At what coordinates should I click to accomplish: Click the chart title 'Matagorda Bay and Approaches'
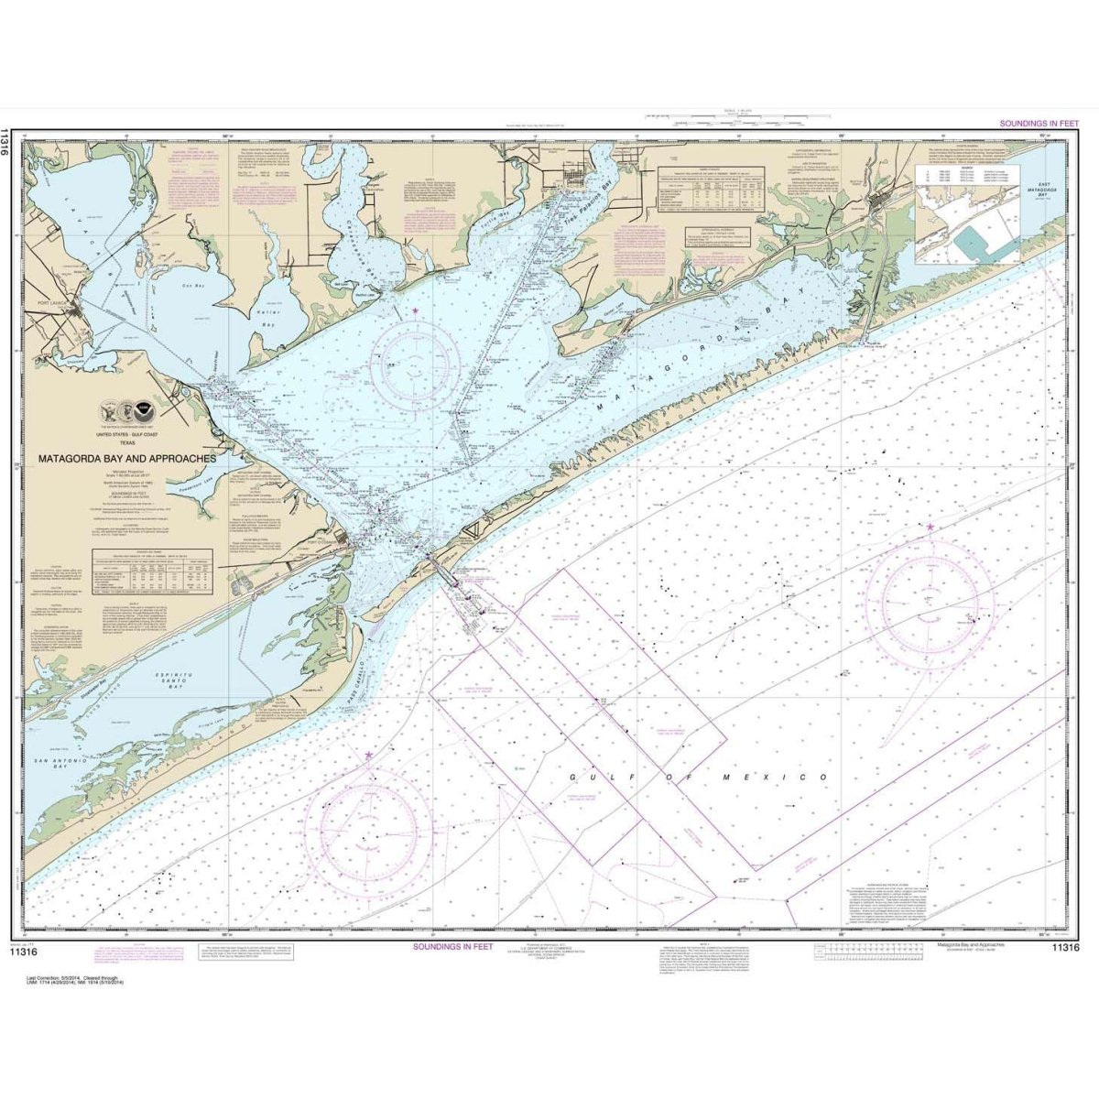click(x=127, y=458)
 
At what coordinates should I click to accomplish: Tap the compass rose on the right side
click(x=931, y=601)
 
